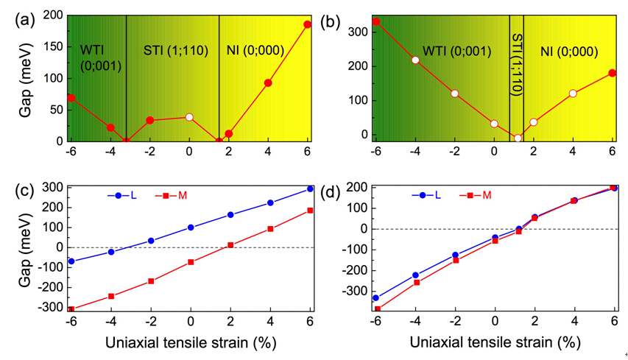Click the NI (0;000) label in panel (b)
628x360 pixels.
[x=568, y=52]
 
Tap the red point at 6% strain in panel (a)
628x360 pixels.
[x=308, y=24]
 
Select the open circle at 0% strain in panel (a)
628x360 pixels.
[x=189, y=117]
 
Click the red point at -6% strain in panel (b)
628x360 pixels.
[x=375, y=21]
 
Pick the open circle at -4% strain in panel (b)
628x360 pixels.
[x=415, y=60]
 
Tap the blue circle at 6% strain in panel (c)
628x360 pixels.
[x=310, y=189]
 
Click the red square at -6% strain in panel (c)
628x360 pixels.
[x=71, y=309]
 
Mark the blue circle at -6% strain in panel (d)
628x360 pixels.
[x=375, y=298]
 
